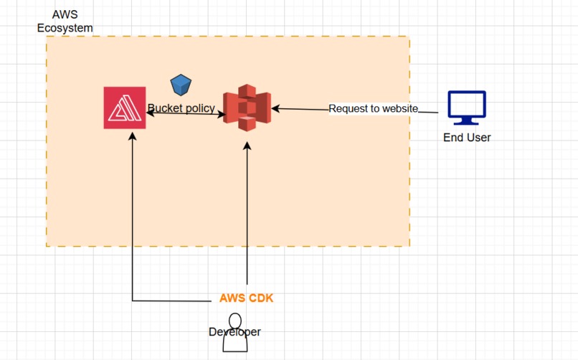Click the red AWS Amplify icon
pos(125,108)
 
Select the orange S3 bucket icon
pos(247,108)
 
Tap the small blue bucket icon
pos(181,85)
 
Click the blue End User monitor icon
pos(467,108)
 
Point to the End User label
pos(467,138)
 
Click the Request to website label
pos(373,109)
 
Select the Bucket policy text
pos(181,108)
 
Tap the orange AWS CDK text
pos(246,298)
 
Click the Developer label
pos(234,331)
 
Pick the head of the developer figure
pos(234,321)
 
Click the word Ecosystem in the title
pos(65,28)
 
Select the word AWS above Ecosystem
pos(65,14)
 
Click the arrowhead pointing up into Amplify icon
pos(132,136)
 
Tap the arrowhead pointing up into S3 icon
pos(247,146)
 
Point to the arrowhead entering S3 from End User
pos(275,109)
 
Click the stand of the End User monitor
pos(466,121)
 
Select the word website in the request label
pos(400,109)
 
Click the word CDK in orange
pos(260,298)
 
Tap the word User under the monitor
pos(478,138)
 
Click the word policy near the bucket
pos(199,108)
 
